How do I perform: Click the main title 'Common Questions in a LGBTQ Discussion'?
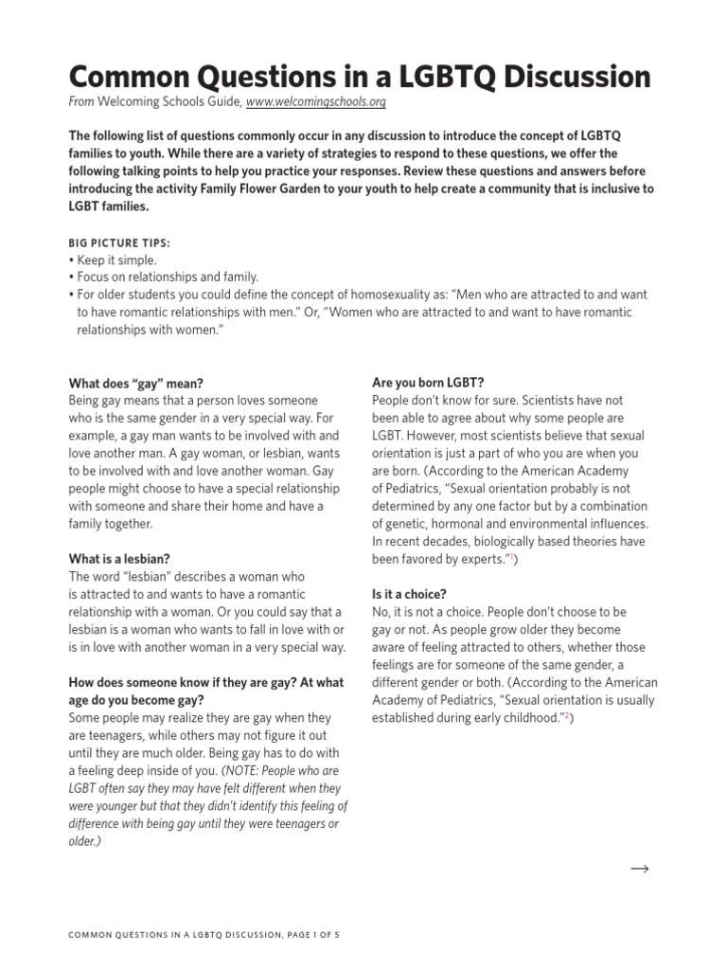click(x=360, y=76)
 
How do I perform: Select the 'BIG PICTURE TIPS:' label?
click(x=119, y=242)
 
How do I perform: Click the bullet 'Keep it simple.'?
click(x=114, y=260)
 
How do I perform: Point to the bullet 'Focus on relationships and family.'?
click(x=164, y=277)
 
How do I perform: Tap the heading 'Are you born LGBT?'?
click(x=428, y=383)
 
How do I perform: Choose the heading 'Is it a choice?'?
click(x=409, y=594)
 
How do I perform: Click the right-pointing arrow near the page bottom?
click(x=639, y=869)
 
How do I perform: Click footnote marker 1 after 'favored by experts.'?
click(x=512, y=559)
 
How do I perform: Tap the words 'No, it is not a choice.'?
click(x=431, y=612)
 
